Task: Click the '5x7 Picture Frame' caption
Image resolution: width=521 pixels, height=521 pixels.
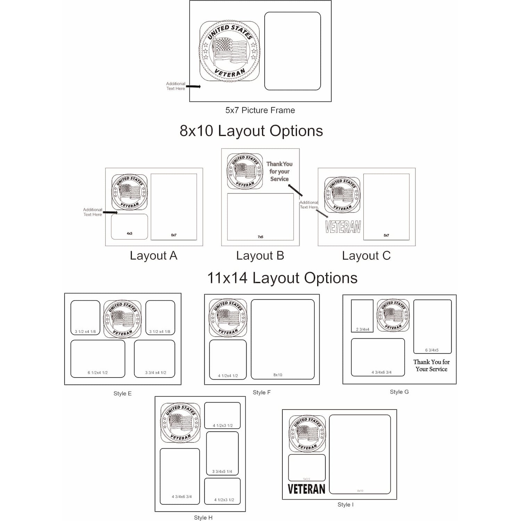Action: tap(260, 110)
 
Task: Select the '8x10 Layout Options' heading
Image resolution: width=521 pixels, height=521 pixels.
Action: tap(251, 131)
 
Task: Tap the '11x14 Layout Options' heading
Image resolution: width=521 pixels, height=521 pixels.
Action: tap(282, 278)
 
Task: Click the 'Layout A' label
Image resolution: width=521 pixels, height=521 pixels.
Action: tap(154, 256)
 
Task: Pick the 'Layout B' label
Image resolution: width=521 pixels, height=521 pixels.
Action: tap(260, 256)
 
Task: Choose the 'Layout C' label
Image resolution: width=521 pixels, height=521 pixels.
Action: tap(366, 256)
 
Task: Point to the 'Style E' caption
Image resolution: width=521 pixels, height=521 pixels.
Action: tap(123, 394)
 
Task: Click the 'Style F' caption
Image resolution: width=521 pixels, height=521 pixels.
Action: tap(262, 392)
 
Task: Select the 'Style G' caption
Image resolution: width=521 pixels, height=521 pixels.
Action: tap(399, 392)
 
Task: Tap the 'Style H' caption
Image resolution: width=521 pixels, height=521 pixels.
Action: tap(203, 518)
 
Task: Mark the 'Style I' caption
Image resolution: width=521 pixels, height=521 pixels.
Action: tap(345, 505)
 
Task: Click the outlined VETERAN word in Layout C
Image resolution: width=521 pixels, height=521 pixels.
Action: tap(343, 227)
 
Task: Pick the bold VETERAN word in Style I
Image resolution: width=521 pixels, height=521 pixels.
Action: tap(306, 489)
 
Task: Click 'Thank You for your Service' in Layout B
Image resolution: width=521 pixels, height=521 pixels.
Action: tap(279, 172)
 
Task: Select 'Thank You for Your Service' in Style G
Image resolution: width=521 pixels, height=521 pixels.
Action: tap(431, 366)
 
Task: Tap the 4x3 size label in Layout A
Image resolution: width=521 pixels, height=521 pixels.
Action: tap(130, 234)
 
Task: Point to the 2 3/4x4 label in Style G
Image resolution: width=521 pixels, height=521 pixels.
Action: tap(363, 329)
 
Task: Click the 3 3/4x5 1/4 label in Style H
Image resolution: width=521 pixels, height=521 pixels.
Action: tap(222, 472)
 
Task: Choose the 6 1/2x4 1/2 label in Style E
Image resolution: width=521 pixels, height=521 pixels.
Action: tap(98, 373)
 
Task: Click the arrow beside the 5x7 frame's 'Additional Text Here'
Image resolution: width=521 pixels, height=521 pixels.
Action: tap(193, 86)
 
